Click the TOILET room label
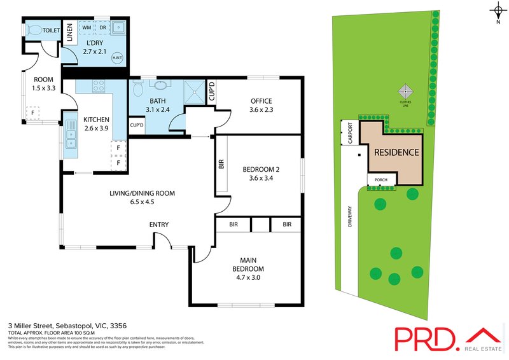point(52,30)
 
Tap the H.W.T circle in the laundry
point(117,57)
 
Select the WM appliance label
point(87,28)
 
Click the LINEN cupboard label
point(69,33)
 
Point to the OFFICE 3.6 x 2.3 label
point(261,105)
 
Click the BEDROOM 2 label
point(261,174)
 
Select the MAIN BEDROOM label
point(248,268)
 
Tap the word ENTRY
point(158,225)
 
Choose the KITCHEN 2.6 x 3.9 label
point(96,123)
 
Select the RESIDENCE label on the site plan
point(396,153)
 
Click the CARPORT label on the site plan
point(349,138)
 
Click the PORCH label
point(382,179)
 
